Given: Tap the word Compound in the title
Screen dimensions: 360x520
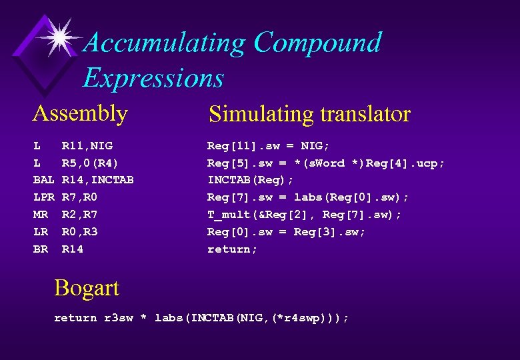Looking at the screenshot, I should coord(317,43).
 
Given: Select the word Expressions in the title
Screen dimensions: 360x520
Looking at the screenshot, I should coord(153,78).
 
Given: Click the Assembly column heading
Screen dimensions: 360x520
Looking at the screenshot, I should coord(80,113).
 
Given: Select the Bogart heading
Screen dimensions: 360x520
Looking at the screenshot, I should coord(87,288).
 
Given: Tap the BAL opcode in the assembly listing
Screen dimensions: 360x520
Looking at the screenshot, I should coord(43,180).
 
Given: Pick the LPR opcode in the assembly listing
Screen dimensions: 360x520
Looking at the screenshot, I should coord(43,197).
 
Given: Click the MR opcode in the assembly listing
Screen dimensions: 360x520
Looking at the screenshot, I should coord(40,215).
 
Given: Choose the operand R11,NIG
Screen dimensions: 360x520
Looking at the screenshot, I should coord(87,145).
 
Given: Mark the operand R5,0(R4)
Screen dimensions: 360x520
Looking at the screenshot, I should coord(90,163).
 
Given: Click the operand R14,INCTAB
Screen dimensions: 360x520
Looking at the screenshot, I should coord(97,180).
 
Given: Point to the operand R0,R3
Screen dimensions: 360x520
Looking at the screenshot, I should coord(79,232).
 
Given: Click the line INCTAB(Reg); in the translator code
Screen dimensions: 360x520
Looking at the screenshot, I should coord(251,180).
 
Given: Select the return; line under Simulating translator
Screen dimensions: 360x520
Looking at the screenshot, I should coord(232,249).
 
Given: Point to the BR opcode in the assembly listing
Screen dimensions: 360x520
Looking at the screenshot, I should coord(40,249).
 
